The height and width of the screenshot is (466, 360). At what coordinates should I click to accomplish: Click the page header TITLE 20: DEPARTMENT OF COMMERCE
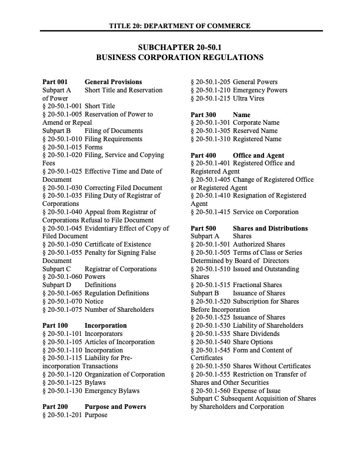180,26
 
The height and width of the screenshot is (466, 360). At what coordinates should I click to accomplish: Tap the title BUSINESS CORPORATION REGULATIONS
180,58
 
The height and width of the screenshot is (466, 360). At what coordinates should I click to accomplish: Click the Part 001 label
55,82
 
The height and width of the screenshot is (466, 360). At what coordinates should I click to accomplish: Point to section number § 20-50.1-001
62,106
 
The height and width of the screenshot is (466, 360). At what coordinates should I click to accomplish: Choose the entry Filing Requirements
114,139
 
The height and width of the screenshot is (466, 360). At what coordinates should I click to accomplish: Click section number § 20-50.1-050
62,244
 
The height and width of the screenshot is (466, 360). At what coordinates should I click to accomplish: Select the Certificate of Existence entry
118,244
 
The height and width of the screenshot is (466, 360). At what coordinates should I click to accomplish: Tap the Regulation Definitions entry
118,293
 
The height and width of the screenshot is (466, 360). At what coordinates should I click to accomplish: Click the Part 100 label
55,325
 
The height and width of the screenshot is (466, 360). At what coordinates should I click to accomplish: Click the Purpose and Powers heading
115,407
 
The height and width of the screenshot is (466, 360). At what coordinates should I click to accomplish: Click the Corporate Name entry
256,122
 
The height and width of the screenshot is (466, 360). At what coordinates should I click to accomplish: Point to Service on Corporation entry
265,212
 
